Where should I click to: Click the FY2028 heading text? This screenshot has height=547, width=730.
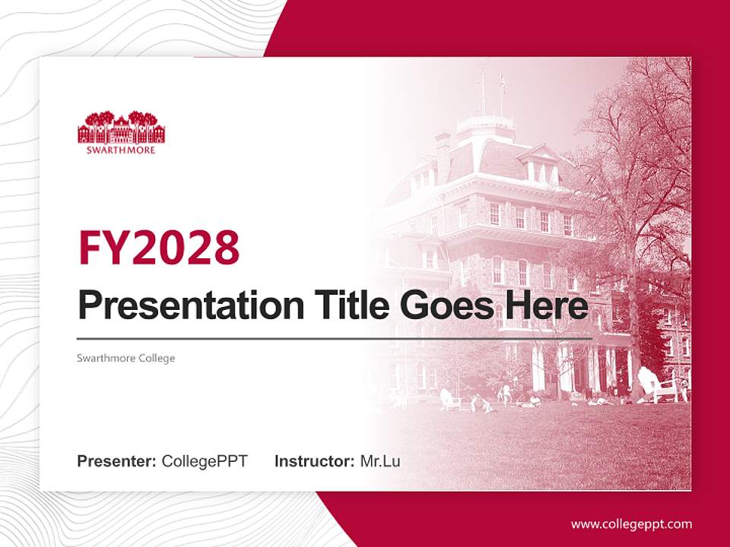[158, 248]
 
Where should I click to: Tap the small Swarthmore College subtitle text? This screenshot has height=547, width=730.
[126, 358]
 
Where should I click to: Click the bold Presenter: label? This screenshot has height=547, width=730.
[117, 461]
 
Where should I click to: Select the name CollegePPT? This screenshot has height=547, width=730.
[205, 461]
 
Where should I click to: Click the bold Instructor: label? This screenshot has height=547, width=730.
[314, 461]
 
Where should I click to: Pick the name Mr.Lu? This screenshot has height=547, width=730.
[379, 461]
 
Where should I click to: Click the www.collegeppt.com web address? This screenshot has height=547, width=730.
[631, 523]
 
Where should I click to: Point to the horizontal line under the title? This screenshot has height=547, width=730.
[335, 339]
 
